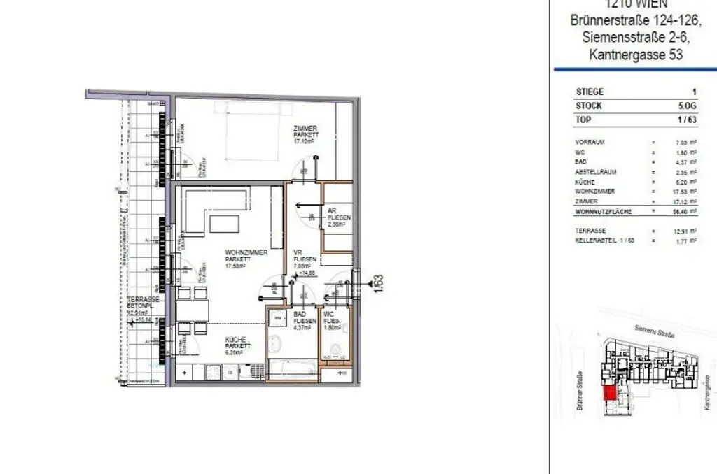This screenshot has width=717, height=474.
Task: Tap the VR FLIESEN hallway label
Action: coord(305,258)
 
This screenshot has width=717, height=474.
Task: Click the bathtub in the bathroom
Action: coord(291,368)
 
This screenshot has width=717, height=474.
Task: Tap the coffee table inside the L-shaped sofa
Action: coord(225,224)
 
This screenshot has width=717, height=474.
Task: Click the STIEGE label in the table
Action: coord(590,92)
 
